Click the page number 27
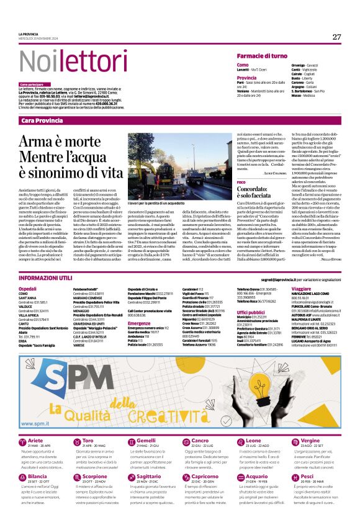[336, 37]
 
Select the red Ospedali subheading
[28, 289]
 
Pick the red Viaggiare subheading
[301, 289]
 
